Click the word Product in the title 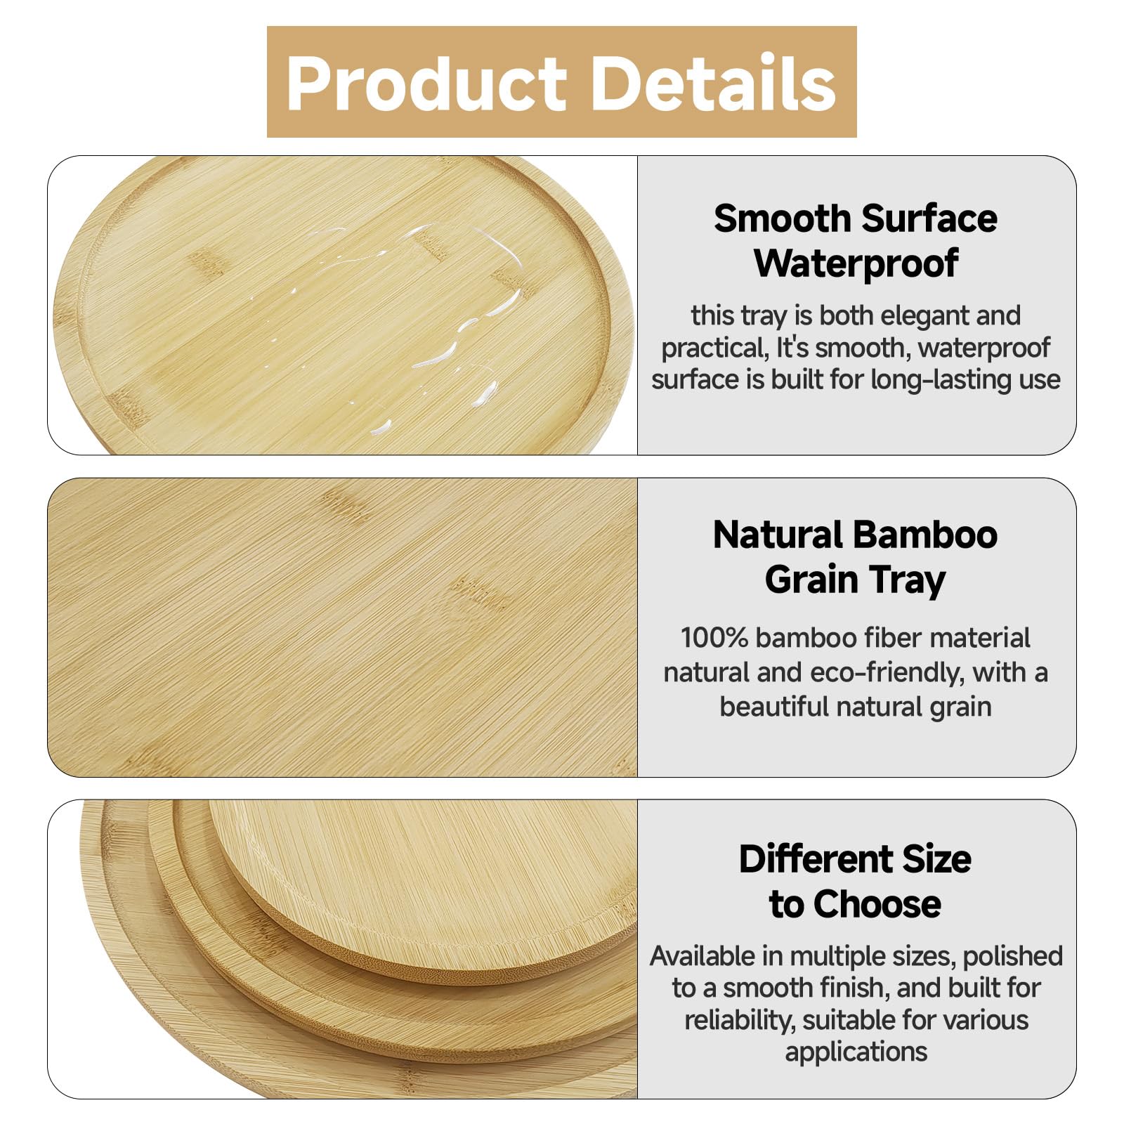426,83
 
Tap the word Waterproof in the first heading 856,263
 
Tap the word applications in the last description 856,1052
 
